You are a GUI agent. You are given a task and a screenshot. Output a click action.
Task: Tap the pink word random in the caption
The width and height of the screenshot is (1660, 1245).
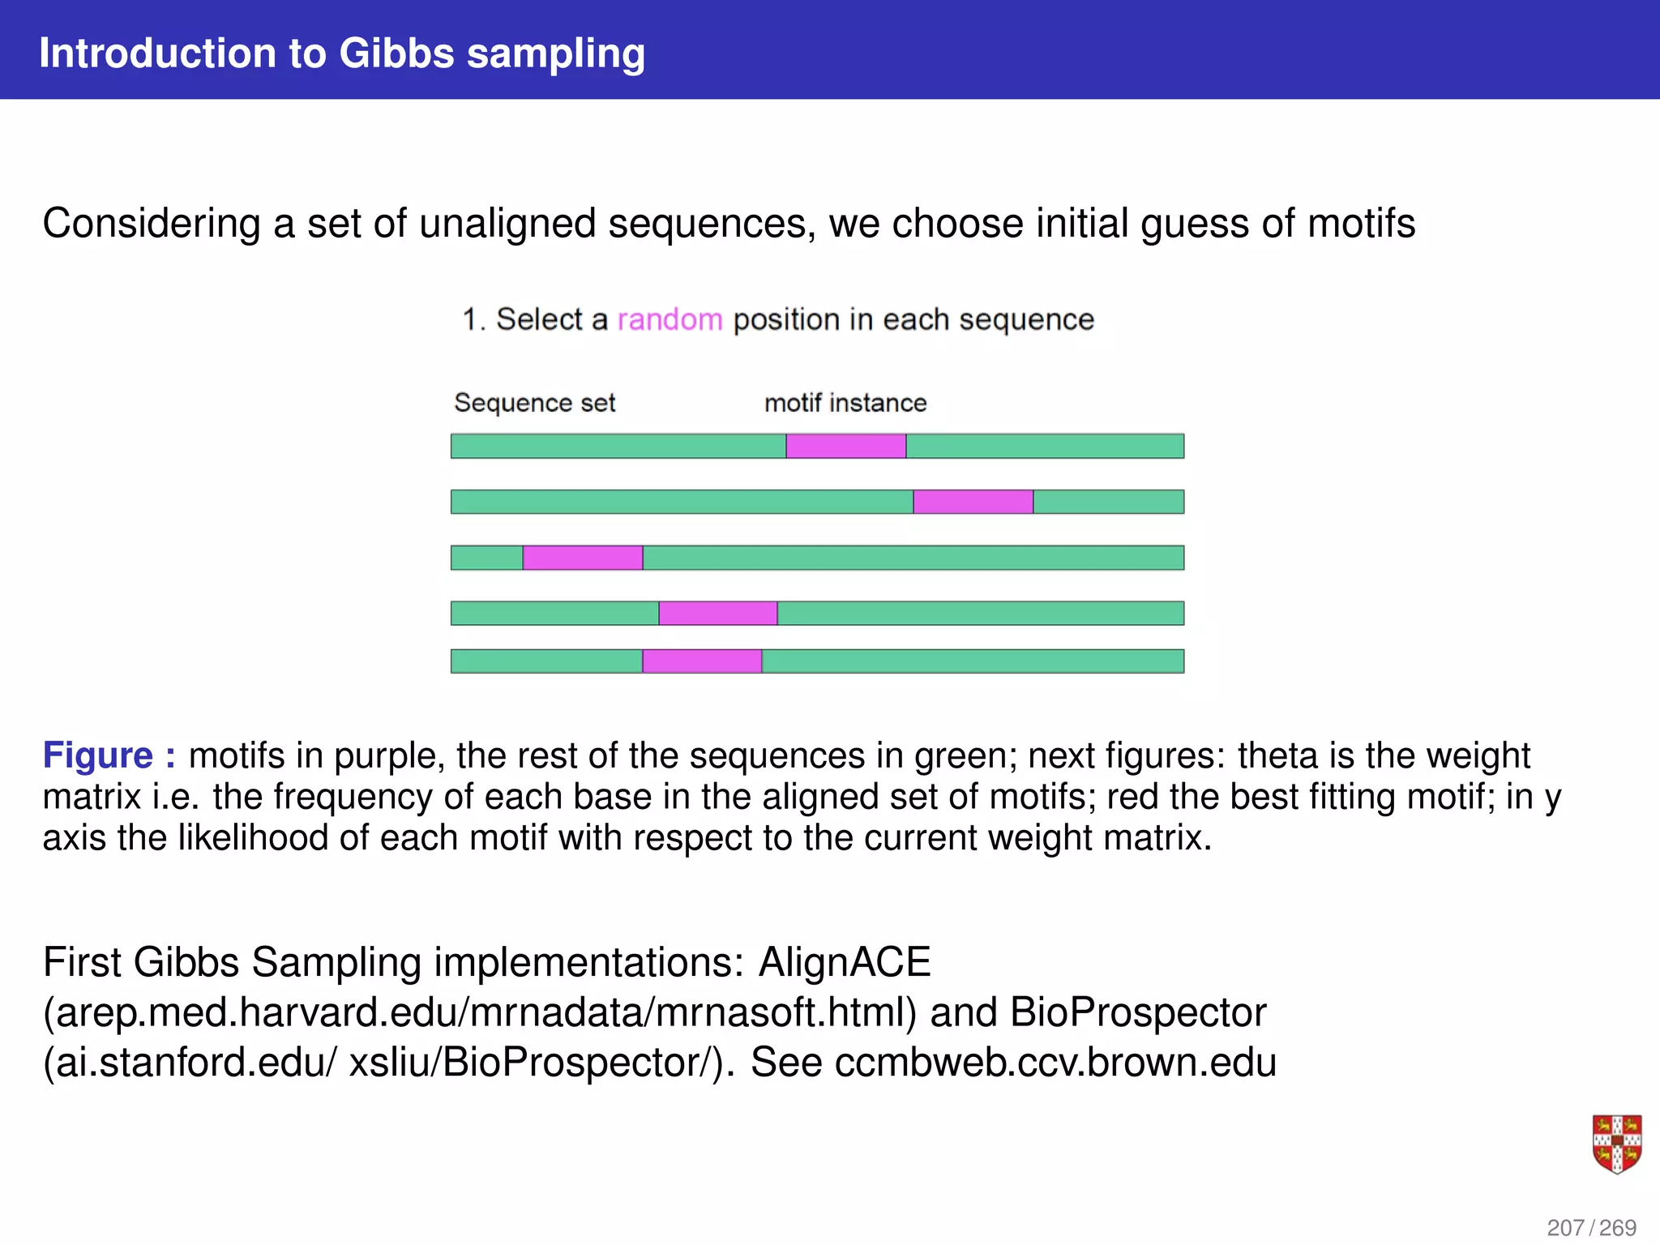click(670, 320)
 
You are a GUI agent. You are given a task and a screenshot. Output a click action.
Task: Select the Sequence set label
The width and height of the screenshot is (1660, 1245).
click(535, 403)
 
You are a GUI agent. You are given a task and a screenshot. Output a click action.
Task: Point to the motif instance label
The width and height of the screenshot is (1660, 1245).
click(845, 403)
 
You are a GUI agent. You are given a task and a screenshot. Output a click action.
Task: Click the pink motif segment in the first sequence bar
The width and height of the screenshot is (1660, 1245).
click(845, 446)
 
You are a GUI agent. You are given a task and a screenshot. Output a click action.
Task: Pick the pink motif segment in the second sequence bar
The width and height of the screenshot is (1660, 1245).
click(973, 502)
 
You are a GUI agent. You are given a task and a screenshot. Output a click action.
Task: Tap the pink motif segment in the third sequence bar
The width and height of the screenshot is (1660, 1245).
click(583, 558)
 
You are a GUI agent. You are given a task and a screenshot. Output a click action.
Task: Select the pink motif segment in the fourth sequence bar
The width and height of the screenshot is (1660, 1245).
click(718, 613)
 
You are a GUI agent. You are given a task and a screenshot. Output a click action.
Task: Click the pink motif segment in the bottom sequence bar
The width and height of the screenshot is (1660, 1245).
click(702, 661)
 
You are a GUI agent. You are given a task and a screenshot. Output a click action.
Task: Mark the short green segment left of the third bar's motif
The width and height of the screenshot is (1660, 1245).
click(486, 558)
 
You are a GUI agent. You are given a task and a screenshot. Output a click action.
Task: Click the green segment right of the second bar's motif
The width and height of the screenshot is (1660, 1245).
click(1108, 502)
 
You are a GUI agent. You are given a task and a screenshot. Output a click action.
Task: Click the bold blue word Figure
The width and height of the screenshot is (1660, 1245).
click(98, 755)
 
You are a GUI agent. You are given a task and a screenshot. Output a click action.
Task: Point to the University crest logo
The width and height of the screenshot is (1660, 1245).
click(1616, 1144)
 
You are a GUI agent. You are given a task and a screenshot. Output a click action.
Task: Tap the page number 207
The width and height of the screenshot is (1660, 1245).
click(1565, 1227)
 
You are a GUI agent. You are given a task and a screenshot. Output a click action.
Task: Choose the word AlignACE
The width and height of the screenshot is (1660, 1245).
click(845, 963)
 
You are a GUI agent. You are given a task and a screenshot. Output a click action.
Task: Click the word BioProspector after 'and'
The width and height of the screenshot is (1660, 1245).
click(1138, 1012)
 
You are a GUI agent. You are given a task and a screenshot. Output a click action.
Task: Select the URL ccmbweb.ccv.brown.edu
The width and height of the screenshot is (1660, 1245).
click(1055, 1063)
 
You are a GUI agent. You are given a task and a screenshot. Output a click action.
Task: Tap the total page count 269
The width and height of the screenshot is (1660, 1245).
click(1618, 1227)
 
